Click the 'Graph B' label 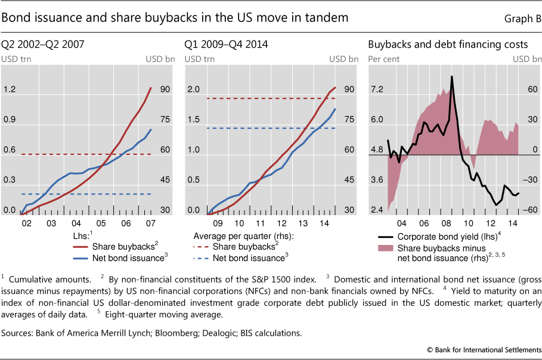522,18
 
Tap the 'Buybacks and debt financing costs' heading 448,44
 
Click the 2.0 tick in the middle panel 194,89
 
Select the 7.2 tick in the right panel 376,89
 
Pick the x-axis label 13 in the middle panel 304,224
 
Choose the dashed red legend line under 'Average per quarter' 203,246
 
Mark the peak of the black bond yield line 452,76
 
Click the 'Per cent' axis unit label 383,59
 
